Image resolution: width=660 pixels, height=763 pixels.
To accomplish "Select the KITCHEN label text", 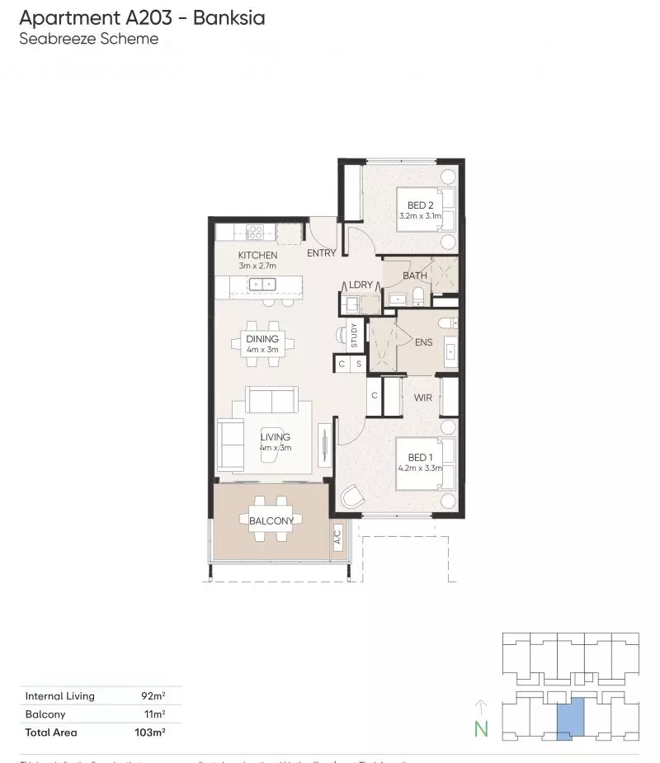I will [x=257, y=256].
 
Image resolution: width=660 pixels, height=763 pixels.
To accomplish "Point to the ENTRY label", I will [x=322, y=253].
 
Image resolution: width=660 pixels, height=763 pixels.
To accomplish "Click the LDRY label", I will [x=361, y=285].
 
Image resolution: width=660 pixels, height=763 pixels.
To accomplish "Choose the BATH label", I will [x=414, y=275].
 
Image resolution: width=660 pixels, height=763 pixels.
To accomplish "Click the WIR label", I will [x=423, y=398].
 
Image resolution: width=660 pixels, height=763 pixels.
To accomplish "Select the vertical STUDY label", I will [x=354, y=337].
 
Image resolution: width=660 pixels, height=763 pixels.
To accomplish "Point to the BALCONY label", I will [x=271, y=520].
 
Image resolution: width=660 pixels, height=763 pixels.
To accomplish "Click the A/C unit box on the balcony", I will [x=337, y=540].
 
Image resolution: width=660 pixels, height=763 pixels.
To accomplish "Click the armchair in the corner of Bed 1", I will [x=352, y=497].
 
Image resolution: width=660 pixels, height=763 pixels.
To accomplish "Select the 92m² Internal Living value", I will [x=153, y=696].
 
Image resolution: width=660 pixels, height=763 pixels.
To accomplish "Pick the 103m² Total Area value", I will [x=151, y=732].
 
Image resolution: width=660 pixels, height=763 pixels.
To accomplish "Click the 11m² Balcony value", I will [x=154, y=714].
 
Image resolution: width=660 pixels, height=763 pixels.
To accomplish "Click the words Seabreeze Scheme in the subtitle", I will [x=88, y=39].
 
